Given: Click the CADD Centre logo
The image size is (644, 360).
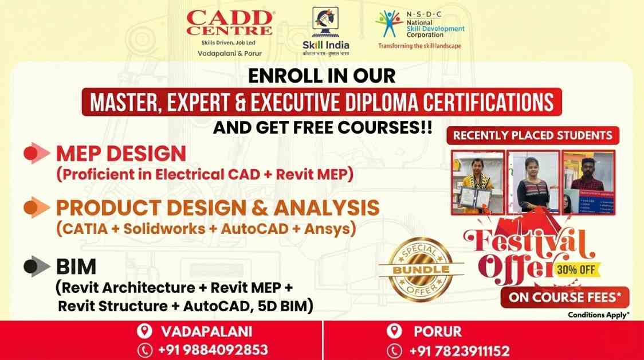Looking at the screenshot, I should [229, 23].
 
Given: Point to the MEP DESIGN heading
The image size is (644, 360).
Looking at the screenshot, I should [121, 154].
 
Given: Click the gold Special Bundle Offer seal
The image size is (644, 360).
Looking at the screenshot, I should [421, 269].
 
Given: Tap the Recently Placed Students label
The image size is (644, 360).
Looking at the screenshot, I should [533, 136].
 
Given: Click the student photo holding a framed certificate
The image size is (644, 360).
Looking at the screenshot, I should [478, 182].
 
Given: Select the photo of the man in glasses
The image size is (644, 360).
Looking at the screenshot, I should [588, 182].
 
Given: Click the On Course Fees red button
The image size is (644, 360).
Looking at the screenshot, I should [565, 298].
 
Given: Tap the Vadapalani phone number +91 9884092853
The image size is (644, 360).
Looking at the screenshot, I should [213, 350].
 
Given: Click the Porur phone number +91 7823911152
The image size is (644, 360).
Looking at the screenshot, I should [460, 350].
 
